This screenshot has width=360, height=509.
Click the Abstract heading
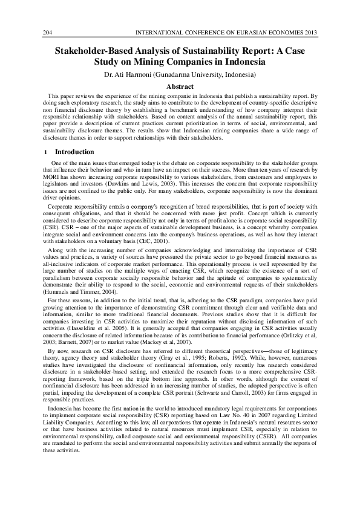pos(180,86)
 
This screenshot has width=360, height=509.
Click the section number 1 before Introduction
pos(46,152)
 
